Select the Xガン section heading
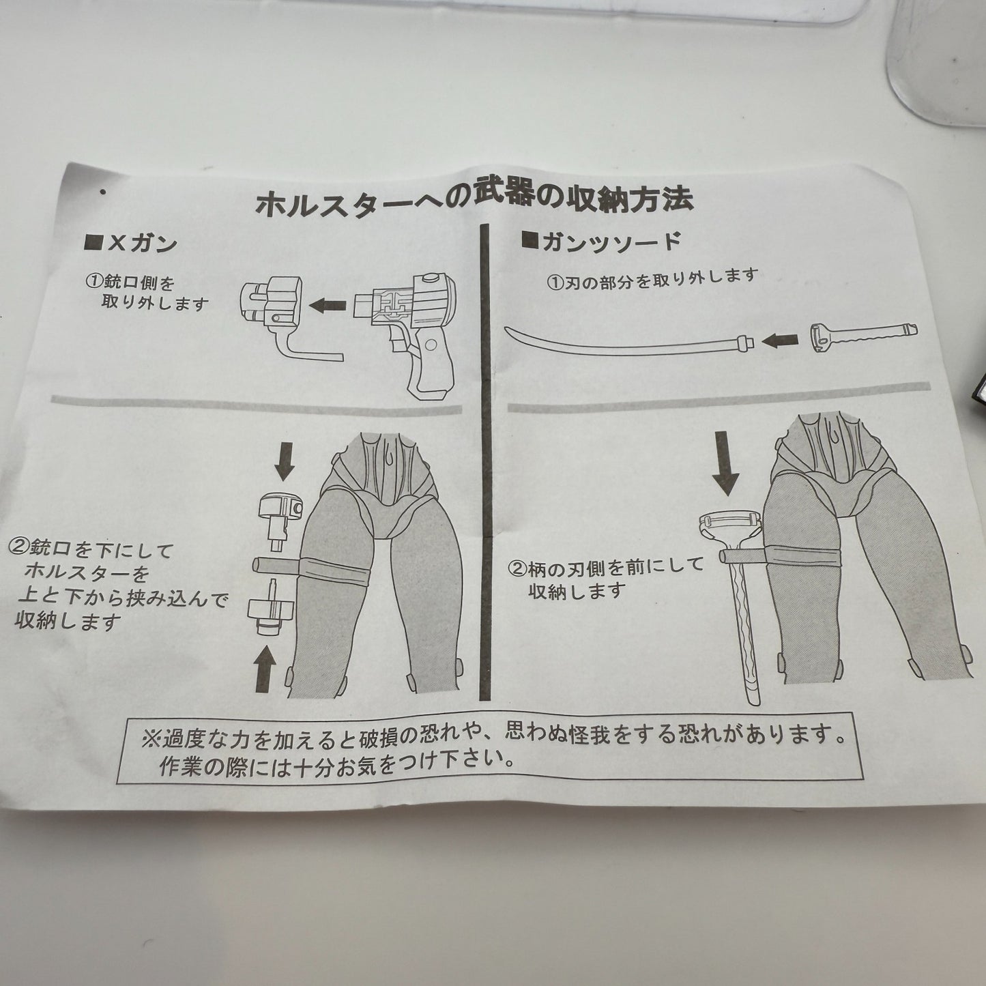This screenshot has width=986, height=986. coord(131,242)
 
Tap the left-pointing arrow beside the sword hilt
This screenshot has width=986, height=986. coord(781,340)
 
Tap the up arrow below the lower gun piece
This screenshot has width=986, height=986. coord(265,669)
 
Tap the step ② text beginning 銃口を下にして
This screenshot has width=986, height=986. coord(117,586)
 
